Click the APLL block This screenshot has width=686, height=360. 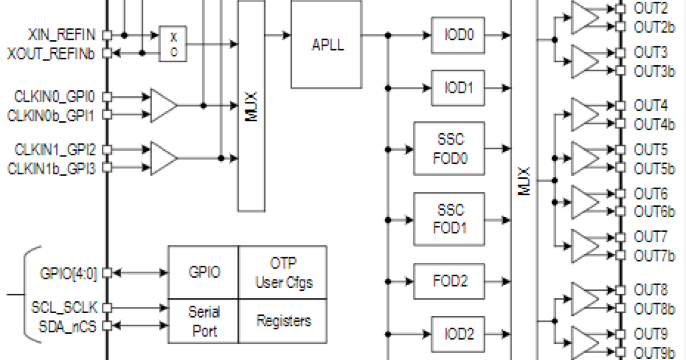tap(326, 44)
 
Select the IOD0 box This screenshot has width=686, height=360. tap(459, 34)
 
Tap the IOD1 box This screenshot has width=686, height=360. tap(459, 88)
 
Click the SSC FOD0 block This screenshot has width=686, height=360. tap(449, 149)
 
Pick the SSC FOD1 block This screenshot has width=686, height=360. tap(449, 219)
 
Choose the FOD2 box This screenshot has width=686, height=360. tap(449, 281)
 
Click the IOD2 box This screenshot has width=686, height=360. tap(459, 334)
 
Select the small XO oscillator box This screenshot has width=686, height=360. tap(173, 44)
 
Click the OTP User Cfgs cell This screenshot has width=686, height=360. tap(283, 273)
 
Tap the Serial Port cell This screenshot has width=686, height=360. tap(204, 321)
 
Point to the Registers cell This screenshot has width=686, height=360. tap(283, 321)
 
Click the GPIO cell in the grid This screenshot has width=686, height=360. tap(204, 273)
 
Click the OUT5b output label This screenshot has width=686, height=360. tap(651, 169)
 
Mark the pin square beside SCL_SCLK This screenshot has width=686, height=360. tap(107, 308)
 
